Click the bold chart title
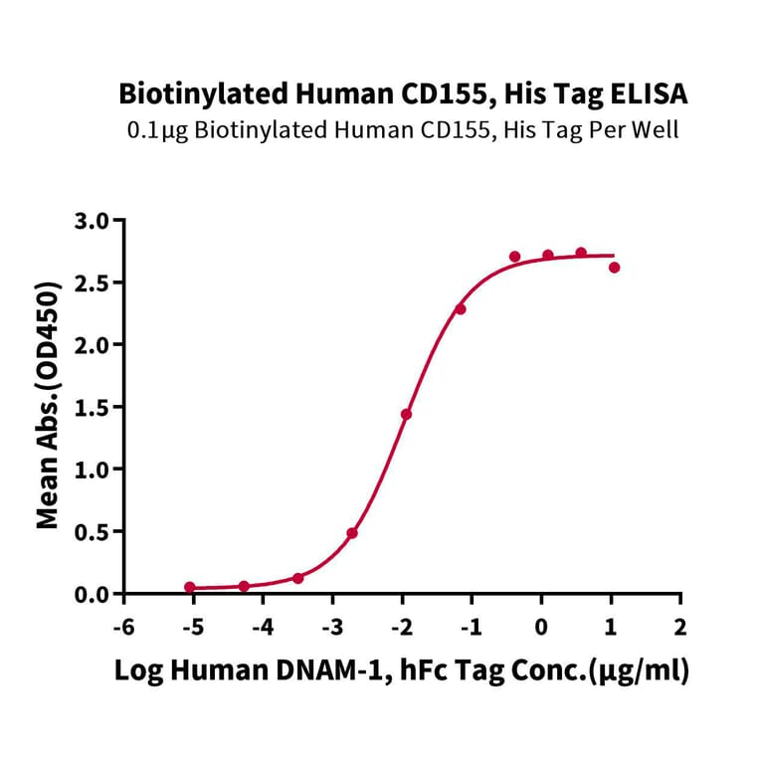click(x=403, y=95)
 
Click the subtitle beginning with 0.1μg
click(x=403, y=130)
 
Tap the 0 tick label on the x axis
click(x=541, y=628)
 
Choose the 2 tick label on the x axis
click(x=680, y=628)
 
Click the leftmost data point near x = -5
click(x=190, y=588)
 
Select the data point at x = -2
click(x=406, y=414)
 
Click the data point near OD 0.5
click(x=352, y=533)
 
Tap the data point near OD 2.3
click(x=461, y=309)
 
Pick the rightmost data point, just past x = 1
click(x=614, y=268)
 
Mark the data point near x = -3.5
click(x=298, y=578)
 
